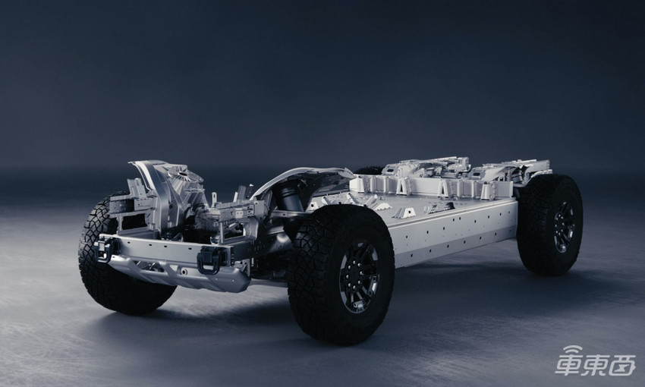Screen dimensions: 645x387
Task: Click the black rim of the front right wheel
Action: click(x=359, y=276)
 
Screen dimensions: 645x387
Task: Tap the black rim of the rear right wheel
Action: click(x=564, y=226)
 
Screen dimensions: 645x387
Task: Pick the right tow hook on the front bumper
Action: click(x=212, y=260)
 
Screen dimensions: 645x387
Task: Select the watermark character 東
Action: click(x=594, y=365)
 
